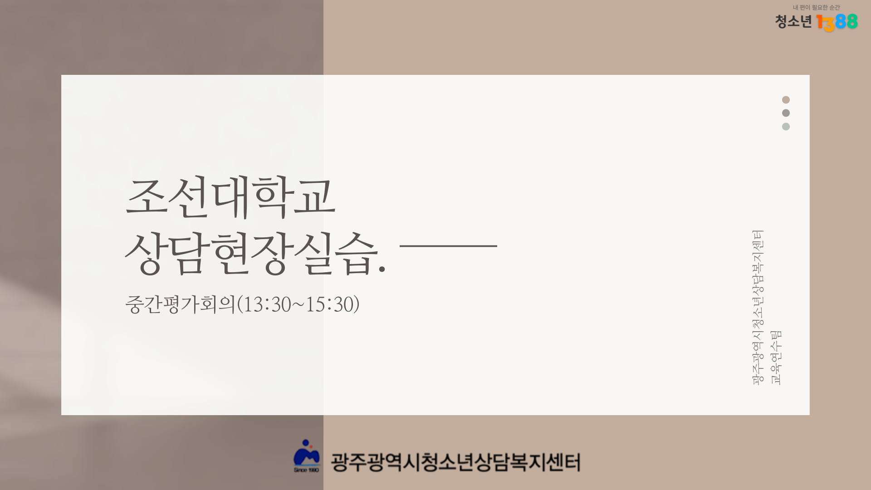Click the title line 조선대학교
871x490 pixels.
(x=230, y=197)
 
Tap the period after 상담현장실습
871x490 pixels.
(x=382, y=269)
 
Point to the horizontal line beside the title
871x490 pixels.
(x=449, y=245)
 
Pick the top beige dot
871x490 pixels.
(x=786, y=100)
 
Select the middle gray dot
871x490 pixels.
(x=786, y=113)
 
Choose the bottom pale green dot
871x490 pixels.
(x=786, y=127)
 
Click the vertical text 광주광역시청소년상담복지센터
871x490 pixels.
(x=758, y=308)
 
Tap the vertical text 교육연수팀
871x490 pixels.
(x=776, y=358)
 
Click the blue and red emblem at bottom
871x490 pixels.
(x=307, y=456)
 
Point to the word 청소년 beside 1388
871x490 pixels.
(x=793, y=21)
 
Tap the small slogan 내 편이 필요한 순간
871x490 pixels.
(x=816, y=7)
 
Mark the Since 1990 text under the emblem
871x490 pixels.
(x=306, y=470)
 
